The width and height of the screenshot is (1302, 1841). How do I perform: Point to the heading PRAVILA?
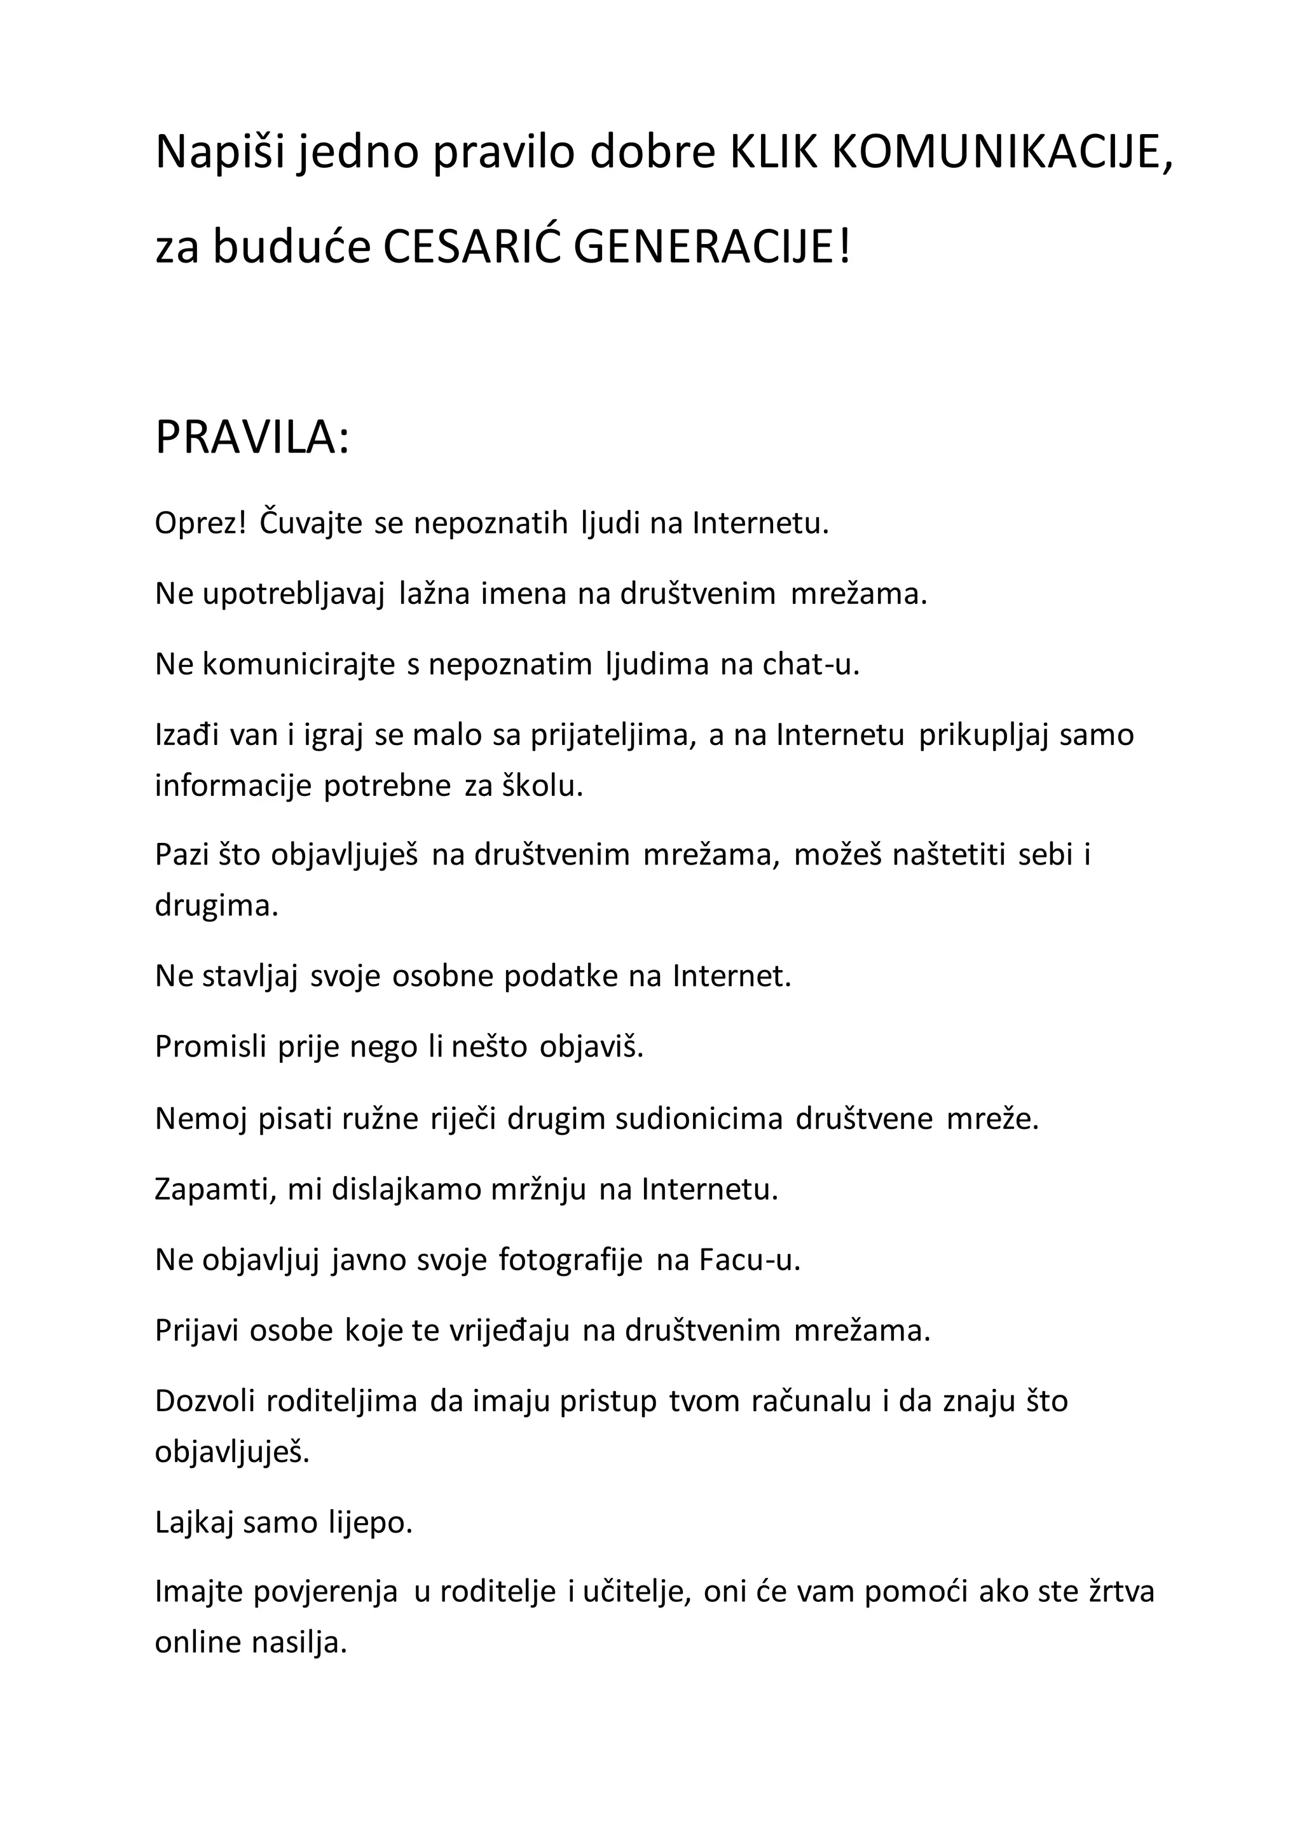[x=252, y=439]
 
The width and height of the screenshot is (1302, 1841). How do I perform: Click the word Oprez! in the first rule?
[x=200, y=524]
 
